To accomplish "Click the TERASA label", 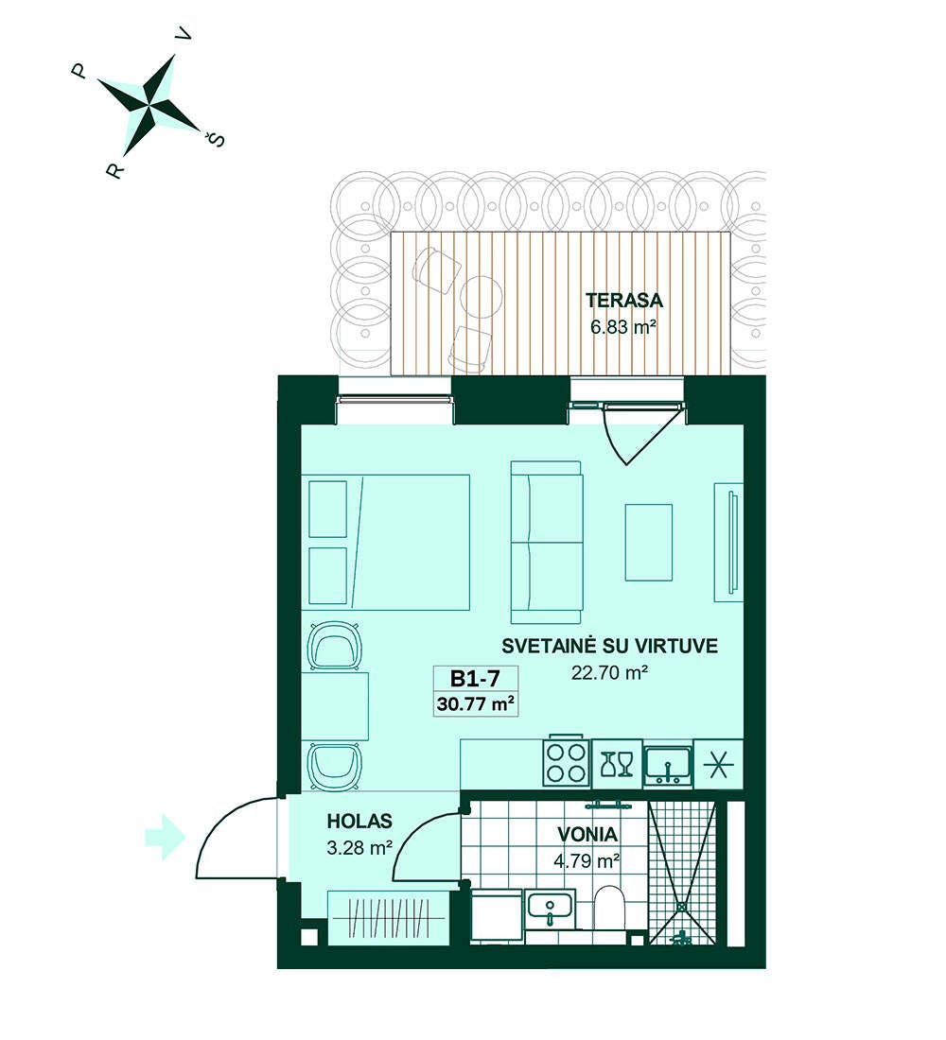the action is [624, 301].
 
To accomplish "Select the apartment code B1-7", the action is [475, 678].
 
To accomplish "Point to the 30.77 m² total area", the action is [475, 703].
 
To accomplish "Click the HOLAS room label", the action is [359, 821].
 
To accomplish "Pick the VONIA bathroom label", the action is [587, 835].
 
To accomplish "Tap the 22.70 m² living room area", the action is [609, 672].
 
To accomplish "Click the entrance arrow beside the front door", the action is [165, 838].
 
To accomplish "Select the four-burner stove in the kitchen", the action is [567, 763].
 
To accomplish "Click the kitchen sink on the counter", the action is [668, 768].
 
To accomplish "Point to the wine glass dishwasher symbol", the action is [617, 764].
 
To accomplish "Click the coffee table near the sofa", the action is [649, 541].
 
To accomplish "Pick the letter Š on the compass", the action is [215, 138].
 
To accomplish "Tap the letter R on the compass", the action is [114, 171].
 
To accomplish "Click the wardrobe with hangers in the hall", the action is [389, 917].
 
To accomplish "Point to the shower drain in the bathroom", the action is [682, 906].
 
